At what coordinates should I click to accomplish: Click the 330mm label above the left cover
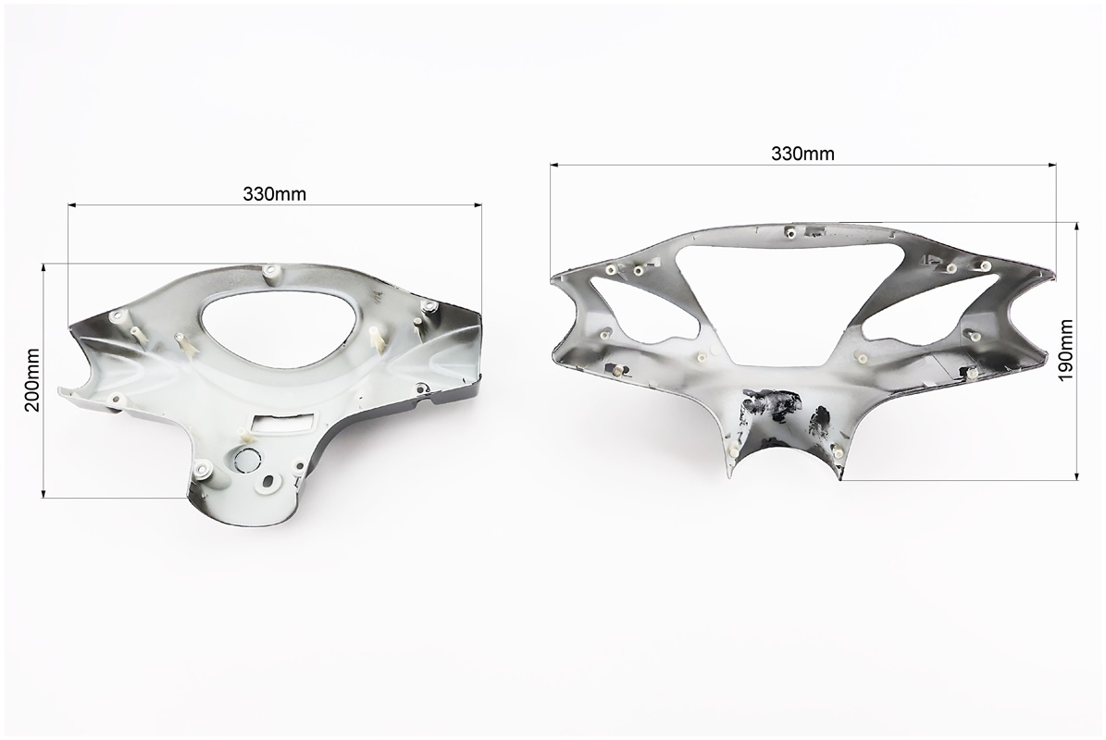click(x=274, y=194)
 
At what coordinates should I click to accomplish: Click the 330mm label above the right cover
click(x=802, y=154)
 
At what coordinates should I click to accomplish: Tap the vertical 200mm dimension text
click(x=32, y=380)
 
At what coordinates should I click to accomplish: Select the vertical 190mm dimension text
click(x=1065, y=351)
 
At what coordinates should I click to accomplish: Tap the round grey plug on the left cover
click(x=248, y=460)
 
